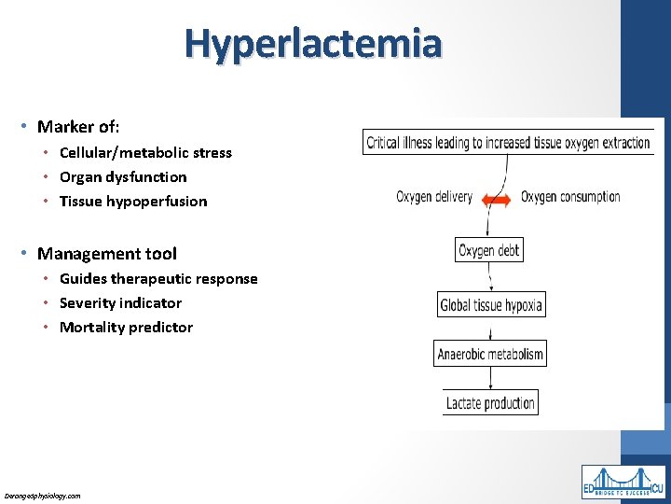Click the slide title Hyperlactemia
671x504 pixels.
click(313, 43)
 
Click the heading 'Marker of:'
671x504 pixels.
click(78, 126)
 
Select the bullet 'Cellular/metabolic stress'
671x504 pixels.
click(145, 152)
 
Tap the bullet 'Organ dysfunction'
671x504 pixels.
click(122, 176)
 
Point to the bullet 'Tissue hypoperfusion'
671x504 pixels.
click(133, 201)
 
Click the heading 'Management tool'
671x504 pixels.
click(106, 253)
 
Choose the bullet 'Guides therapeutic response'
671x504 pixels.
click(158, 278)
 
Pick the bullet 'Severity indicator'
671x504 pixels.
click(120, 302)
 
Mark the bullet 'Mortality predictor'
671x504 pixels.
click(126, 327)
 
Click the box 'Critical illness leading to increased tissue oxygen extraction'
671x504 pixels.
click(508, 143)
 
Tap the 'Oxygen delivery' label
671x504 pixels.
click(434, 197)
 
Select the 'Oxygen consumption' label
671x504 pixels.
click(570, 197)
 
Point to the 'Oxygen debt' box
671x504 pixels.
click(489, 250)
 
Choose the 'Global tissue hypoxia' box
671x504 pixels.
click(490, 304)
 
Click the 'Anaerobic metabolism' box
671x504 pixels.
click(490, 354)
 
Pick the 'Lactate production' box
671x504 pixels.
click(490, 403)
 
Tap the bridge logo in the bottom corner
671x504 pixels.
click(623, 482)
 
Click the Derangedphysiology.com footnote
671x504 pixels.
click(43, 496)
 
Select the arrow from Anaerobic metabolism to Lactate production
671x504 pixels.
click(490, 378)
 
